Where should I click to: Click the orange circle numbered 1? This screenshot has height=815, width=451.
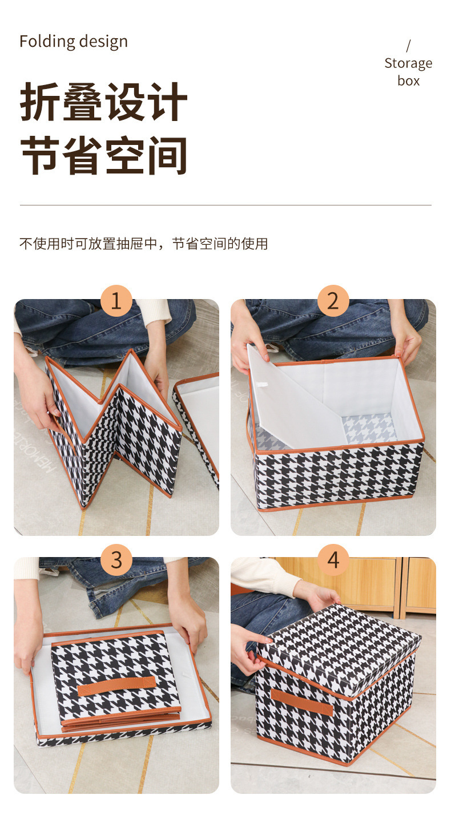(116, 301)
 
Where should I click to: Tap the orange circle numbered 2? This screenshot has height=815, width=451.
(333, 301)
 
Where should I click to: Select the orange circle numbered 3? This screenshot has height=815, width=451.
(116, 560)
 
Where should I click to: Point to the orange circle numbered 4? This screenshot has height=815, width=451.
(333, 560)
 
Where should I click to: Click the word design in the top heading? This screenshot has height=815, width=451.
(103, 42)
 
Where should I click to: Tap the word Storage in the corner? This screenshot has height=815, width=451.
(408, 64)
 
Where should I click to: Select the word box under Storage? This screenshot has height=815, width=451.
(408, 80)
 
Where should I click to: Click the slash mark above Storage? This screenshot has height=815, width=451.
(408, 46)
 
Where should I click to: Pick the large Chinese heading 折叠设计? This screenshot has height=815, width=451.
(103, 102)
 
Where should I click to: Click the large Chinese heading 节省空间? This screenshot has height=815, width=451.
(103, 155)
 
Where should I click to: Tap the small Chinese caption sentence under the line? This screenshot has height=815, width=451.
(143, 243)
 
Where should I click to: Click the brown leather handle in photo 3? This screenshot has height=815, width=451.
(116, 687)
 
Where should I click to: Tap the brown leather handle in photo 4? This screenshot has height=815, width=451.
(302, 702)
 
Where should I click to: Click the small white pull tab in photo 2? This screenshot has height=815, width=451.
(261, 385)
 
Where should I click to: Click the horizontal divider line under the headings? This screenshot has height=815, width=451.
(226, 205)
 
